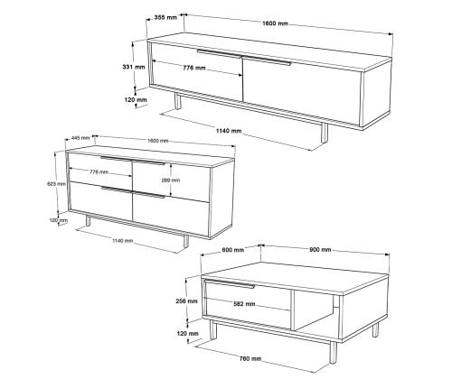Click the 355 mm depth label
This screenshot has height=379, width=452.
pyautogui.click(x=165, y=17)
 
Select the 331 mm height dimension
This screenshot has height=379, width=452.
pyautogui.click(x=134, y=67)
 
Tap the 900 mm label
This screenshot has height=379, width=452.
pyautogui.click(x=320, y=250)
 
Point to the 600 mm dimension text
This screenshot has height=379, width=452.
pyautogui.click(x=233, y=250)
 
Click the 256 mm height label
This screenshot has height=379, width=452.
pyautogui.click(x=187, y=300)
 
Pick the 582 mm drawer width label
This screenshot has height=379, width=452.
pyautogui.click(x=244, y=304)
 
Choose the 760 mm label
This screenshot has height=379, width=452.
pyautogui.click(x=250, y=359)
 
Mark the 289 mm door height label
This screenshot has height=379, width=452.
pyautogui.click(x=171, y=180)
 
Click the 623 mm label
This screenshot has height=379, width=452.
pyautogui.click(x=56, y=184)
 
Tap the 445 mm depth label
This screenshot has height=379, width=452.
pyautogui.click(x=80, y=138)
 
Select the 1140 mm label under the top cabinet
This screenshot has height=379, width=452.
pyautogui.click(x=229, y=131)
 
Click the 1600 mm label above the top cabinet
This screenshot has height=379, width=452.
pyautogui.click(x=275, y=23)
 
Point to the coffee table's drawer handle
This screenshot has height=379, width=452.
pyautogui.click(x=230, y=284)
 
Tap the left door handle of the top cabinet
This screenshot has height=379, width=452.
pyautogui.click(x=219, y=53)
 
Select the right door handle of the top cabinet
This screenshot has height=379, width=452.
pyautogui.click(x=267, y=60)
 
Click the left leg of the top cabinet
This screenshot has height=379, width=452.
pyautogui.click(x=177, y=101)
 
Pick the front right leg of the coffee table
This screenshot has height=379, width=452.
pyautogui.click(x=333, y=353)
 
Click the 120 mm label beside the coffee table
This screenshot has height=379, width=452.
pyautogui.click(x=188, y=334)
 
